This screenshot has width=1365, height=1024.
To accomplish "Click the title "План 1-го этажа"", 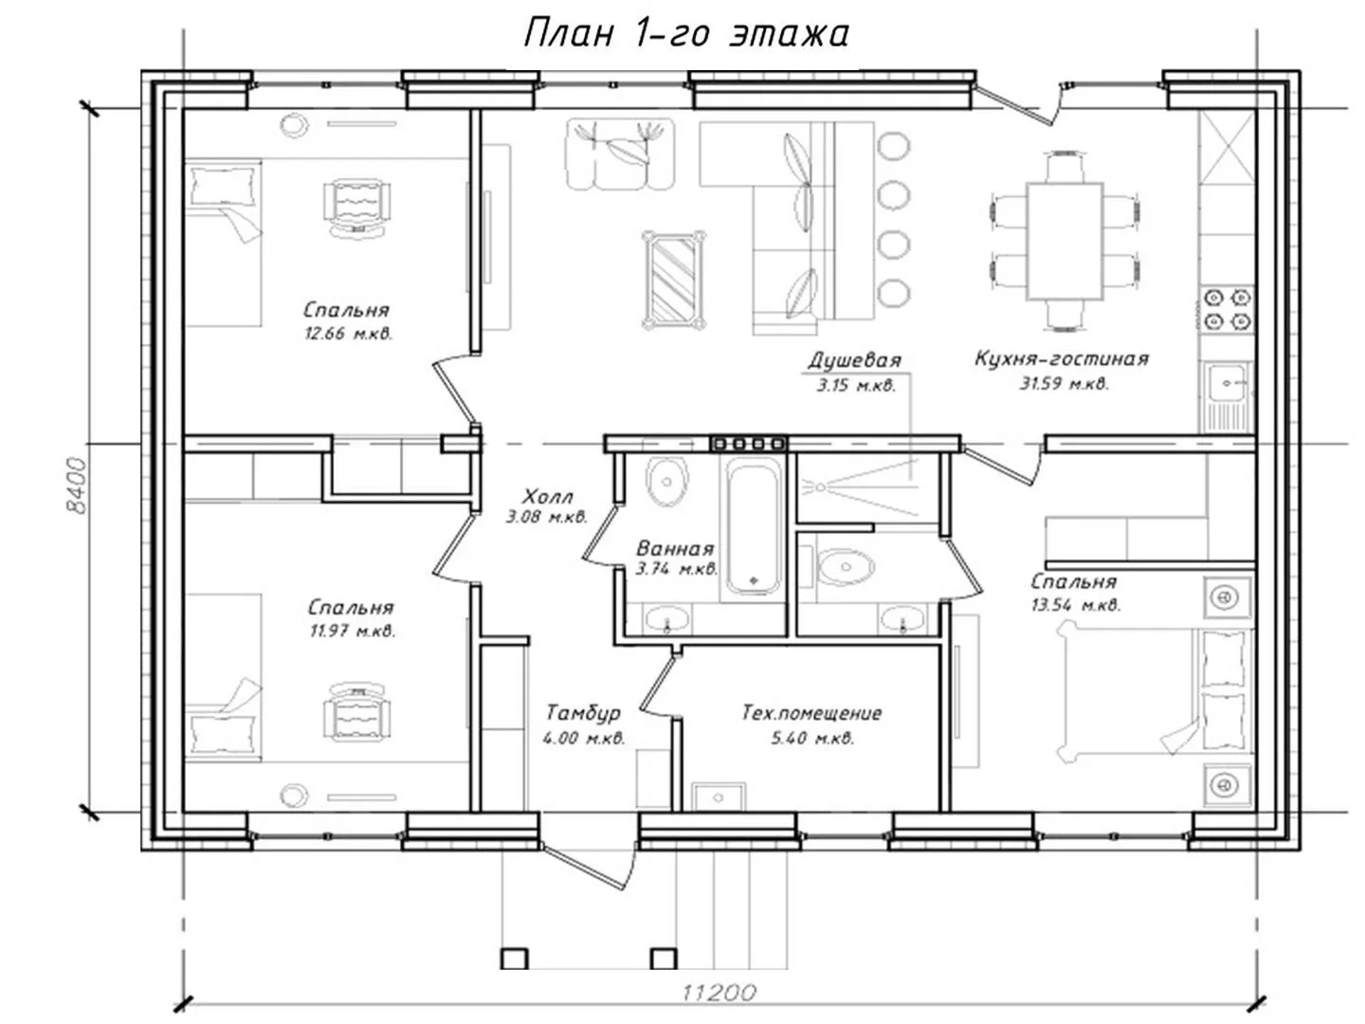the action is pos(686,32).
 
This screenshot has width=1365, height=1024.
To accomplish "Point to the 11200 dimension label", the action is pos(719,993).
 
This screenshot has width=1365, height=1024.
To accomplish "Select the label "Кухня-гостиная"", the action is pos(1062,358).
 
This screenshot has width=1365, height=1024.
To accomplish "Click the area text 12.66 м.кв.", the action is pos(348,334).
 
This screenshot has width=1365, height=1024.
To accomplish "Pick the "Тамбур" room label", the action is pos(583,712).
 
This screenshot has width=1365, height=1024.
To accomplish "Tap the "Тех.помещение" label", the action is pos(811,712).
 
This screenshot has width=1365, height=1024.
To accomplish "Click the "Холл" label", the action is pos(547,496).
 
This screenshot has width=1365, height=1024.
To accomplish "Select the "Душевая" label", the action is pos(854,360).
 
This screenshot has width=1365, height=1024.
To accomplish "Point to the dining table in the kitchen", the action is pos(1065,241).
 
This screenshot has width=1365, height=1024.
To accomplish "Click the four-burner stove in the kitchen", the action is pos(1227,310).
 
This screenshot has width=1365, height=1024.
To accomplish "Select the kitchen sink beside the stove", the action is pos(1227,396).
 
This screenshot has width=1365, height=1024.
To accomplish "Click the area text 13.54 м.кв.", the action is pos(1076,604).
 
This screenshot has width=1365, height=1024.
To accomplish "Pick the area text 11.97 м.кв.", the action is pos(353,631).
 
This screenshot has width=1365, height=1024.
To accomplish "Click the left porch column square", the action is pos(515,958).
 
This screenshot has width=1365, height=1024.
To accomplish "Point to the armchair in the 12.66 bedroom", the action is pos(357,207).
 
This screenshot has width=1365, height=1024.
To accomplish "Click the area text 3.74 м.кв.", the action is pos(677,568).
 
